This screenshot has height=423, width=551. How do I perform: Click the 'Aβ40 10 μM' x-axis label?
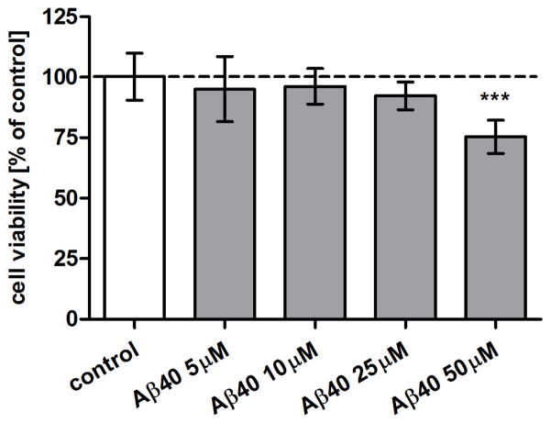point(272,377)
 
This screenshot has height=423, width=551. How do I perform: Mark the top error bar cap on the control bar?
point(134,53)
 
